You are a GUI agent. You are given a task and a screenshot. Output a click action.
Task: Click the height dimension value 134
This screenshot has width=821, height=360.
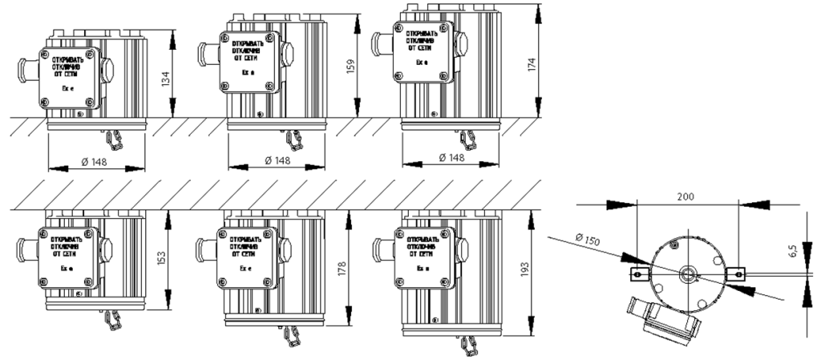[166, 81]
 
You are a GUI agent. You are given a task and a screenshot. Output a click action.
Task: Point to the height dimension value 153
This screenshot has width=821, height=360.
[163, 257]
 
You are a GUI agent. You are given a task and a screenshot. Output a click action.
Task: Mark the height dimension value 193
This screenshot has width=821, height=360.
[528, 273]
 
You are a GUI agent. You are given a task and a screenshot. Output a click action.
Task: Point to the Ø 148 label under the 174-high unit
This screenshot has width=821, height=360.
[452, 158]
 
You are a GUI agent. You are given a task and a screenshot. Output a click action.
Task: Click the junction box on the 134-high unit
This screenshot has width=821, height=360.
[70, 78]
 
